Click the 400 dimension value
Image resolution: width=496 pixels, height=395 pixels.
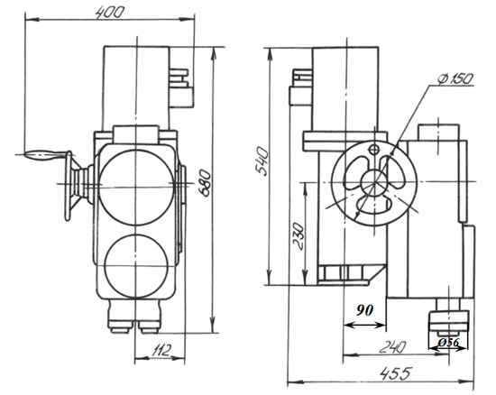tap(109, 13)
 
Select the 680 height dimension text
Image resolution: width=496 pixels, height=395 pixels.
tap(204, 183)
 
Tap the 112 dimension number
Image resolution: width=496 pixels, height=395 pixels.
tap(161, 350)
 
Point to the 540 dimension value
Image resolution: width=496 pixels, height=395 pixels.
tap(262, 161)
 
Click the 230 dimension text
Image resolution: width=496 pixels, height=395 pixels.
tap(298, 236)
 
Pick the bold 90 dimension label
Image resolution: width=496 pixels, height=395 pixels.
tap(364, 310)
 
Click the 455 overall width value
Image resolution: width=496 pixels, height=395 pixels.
tap(396, 373)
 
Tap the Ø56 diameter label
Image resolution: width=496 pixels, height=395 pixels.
tap(448, 342)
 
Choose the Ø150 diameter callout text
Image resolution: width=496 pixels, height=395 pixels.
tap(455, 78)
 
